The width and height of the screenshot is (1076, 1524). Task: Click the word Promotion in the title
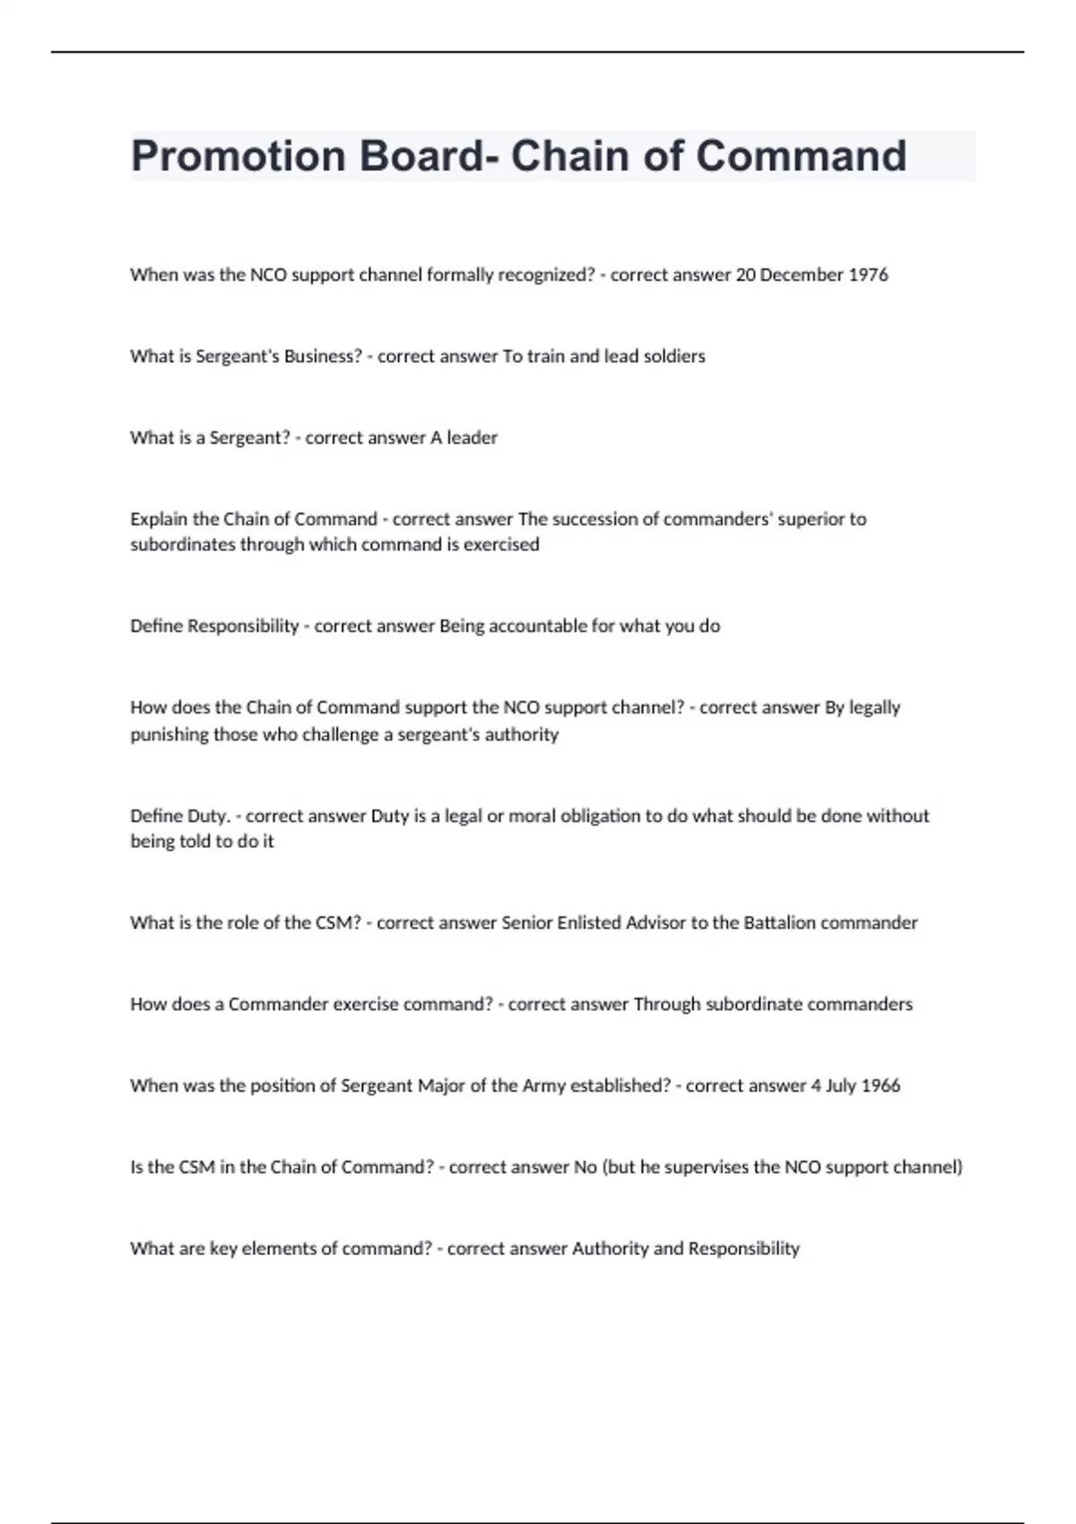[238, 156]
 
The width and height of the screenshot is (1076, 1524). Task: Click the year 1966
[881, 1086]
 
